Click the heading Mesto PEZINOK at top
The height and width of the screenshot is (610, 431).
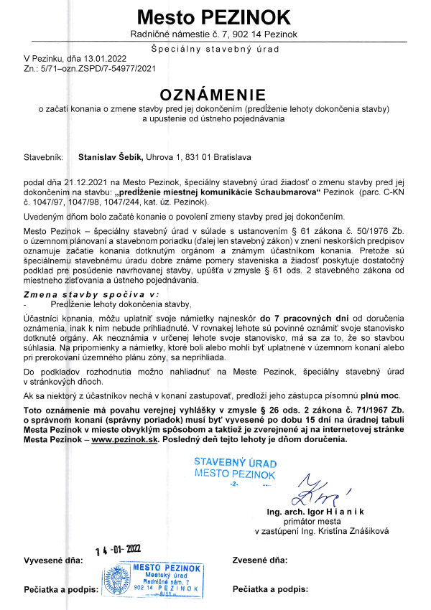click(x=215, y=17)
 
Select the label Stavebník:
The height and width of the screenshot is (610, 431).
click(x=44, y=155)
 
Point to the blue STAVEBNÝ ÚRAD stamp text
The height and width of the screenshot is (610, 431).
click(x=235, y=463)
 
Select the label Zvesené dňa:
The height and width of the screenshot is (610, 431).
click(x=261, y=559)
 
